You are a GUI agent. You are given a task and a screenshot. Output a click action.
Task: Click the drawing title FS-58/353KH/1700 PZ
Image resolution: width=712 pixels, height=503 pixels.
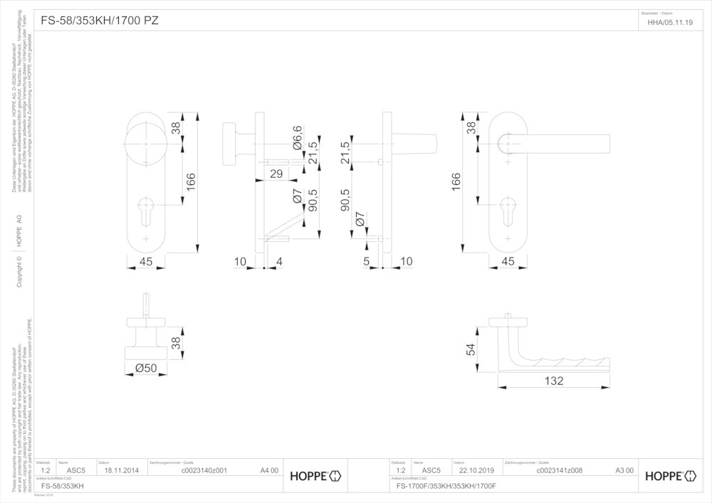coord(100,21)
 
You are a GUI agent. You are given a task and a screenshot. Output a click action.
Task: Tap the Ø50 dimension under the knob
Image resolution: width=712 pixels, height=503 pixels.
coord(145,368)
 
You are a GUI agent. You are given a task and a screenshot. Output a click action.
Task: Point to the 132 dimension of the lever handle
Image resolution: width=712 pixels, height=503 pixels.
coord(553,381)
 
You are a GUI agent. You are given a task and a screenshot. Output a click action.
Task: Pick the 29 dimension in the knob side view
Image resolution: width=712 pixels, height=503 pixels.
coord(276,174)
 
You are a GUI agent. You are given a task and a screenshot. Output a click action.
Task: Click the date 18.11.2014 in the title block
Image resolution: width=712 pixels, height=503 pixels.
coord(120,470)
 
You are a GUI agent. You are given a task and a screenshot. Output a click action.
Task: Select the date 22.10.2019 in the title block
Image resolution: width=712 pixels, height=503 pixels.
coord(476,470)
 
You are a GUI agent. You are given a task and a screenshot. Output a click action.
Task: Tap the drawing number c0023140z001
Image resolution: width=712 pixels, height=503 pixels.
coord(204,470)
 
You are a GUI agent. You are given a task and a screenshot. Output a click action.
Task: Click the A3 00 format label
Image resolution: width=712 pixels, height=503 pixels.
coord(624,470)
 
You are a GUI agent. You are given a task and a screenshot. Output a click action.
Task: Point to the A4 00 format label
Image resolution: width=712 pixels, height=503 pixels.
coord(269,470)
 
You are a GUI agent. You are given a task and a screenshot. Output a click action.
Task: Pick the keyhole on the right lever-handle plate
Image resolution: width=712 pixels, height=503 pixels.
coord(507,205)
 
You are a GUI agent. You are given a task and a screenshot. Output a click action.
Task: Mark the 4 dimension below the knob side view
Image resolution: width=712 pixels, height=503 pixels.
coord(278,262)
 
